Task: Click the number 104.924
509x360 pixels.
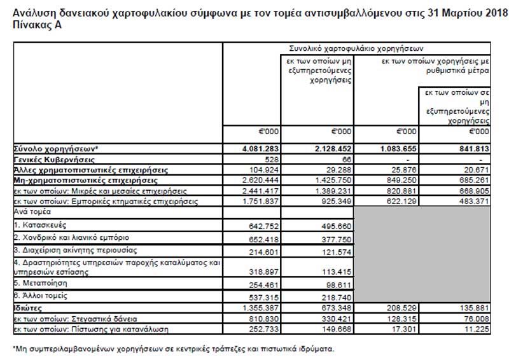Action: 257,170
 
